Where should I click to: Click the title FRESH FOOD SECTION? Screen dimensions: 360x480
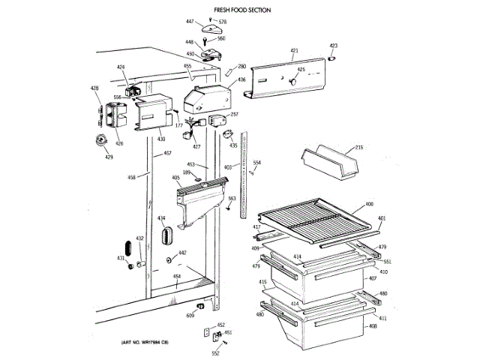tap(242, 10)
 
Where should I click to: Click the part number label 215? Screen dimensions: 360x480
tap(358, 147)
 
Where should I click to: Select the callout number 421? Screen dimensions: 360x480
tap(295, 51)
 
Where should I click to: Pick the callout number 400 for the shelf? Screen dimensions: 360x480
tap(369, 204)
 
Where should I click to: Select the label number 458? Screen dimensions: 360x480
tap(132, 177)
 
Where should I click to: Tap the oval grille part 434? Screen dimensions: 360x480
tap(165, 237)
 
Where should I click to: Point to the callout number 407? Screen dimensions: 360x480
tap(370, 279)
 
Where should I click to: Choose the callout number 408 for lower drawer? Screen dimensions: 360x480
tap(372, 325)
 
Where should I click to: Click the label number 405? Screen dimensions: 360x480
tap(175, 178)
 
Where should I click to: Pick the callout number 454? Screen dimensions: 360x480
tap(177, 277)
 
